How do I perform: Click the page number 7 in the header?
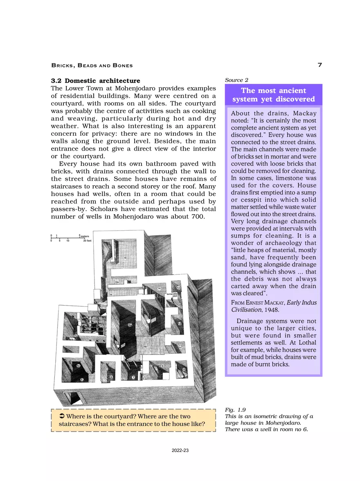click(x=319, y=65)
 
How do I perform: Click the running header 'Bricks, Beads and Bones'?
click(x=92, y=65)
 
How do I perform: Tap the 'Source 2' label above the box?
click(x=236, y=80)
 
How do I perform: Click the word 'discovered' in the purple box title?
click(x=295, y=99)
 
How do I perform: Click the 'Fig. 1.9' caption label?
click(x=235, y=410)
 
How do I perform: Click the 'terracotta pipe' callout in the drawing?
click(x=172, y=295)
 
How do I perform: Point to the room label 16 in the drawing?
click(x=125, y=258)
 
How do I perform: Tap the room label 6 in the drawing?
click(x=111, y=377)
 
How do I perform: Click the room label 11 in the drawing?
click(x=180, y=348)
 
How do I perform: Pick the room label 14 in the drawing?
click(x=159, y=288)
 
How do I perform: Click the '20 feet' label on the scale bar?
click(x=87, y=241)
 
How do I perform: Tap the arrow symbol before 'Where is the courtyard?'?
click(x=63, y=416)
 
